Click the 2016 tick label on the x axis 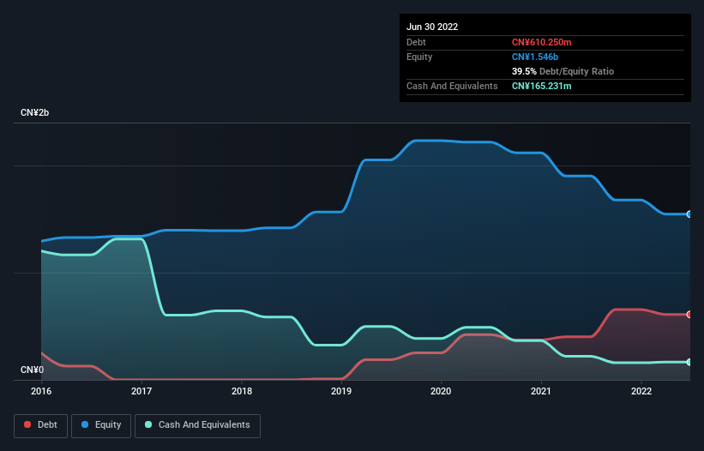[41, 391]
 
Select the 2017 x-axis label [141, 391]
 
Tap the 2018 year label [242, 391]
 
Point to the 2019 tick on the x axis [341, 391]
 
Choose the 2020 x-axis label [442, 391]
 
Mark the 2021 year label [541, 391]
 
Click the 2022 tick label [641, 391]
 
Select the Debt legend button [40, 425]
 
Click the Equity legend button [101, 425]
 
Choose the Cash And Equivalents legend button [197, 425]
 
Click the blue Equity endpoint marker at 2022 [689, 214]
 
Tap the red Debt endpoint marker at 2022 [689, 315]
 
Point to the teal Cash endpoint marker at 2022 [689, 362]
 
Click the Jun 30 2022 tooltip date [432, 27]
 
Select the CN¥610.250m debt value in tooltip [543, 42]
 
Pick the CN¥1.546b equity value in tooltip [535, 57]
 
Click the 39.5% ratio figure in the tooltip [524, 72]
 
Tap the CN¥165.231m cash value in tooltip [542, 87]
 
